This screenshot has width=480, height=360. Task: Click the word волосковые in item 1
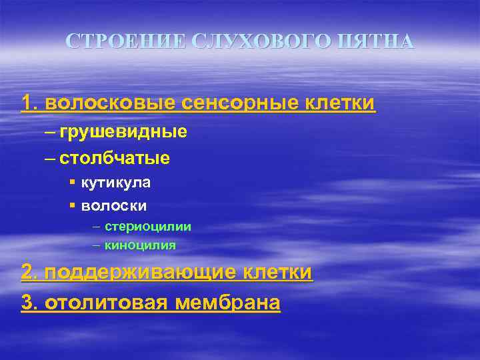tap(109, 104)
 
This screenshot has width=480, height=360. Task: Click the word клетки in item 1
tap(340, 104)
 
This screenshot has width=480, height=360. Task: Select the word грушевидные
tap(123, 131)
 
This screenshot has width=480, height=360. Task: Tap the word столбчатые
tap(115, 159)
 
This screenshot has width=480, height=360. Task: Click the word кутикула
tap(115, 182)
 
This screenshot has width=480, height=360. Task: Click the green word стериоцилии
tap(148, 227)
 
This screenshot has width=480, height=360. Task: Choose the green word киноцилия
tap(140, 245)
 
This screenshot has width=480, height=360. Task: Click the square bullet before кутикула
tap(71, 181)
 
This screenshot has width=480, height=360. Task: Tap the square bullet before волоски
tap(71, 205)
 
